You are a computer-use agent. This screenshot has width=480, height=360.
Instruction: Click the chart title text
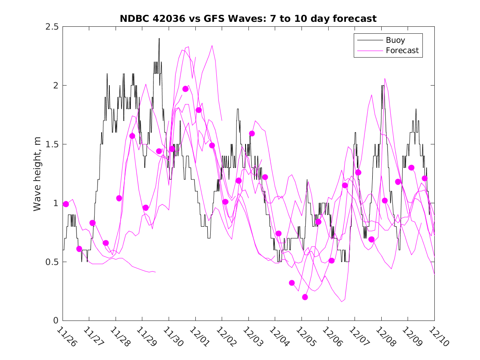click(x=248, y=19)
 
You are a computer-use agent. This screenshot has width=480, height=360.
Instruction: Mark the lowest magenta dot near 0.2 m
click(x=305, y=297)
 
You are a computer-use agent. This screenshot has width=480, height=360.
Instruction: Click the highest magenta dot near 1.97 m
click(x=186, y=89)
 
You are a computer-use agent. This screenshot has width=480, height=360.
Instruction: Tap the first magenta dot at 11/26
click(x=66, y=204)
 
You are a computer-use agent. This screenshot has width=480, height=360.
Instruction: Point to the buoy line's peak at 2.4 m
click(x=159, y=39)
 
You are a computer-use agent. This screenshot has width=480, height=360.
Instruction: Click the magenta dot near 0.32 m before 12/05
click(x=292, y=283)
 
